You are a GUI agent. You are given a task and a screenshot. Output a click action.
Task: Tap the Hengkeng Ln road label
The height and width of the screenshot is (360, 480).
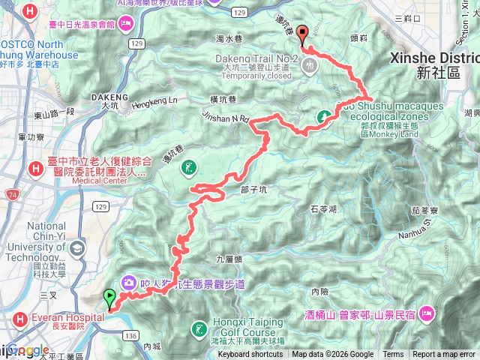(x=156, y=99)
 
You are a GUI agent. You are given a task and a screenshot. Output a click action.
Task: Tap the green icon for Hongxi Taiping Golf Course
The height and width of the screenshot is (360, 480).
(x=199, y=328)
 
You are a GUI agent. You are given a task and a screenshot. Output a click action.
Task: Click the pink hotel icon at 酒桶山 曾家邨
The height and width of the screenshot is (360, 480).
(x=426, y=312)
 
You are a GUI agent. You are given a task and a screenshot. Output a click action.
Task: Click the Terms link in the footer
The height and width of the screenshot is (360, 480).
(x=393, y=355)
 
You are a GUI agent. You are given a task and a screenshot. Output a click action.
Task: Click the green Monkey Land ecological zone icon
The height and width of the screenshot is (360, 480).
(x=325, y=115)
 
